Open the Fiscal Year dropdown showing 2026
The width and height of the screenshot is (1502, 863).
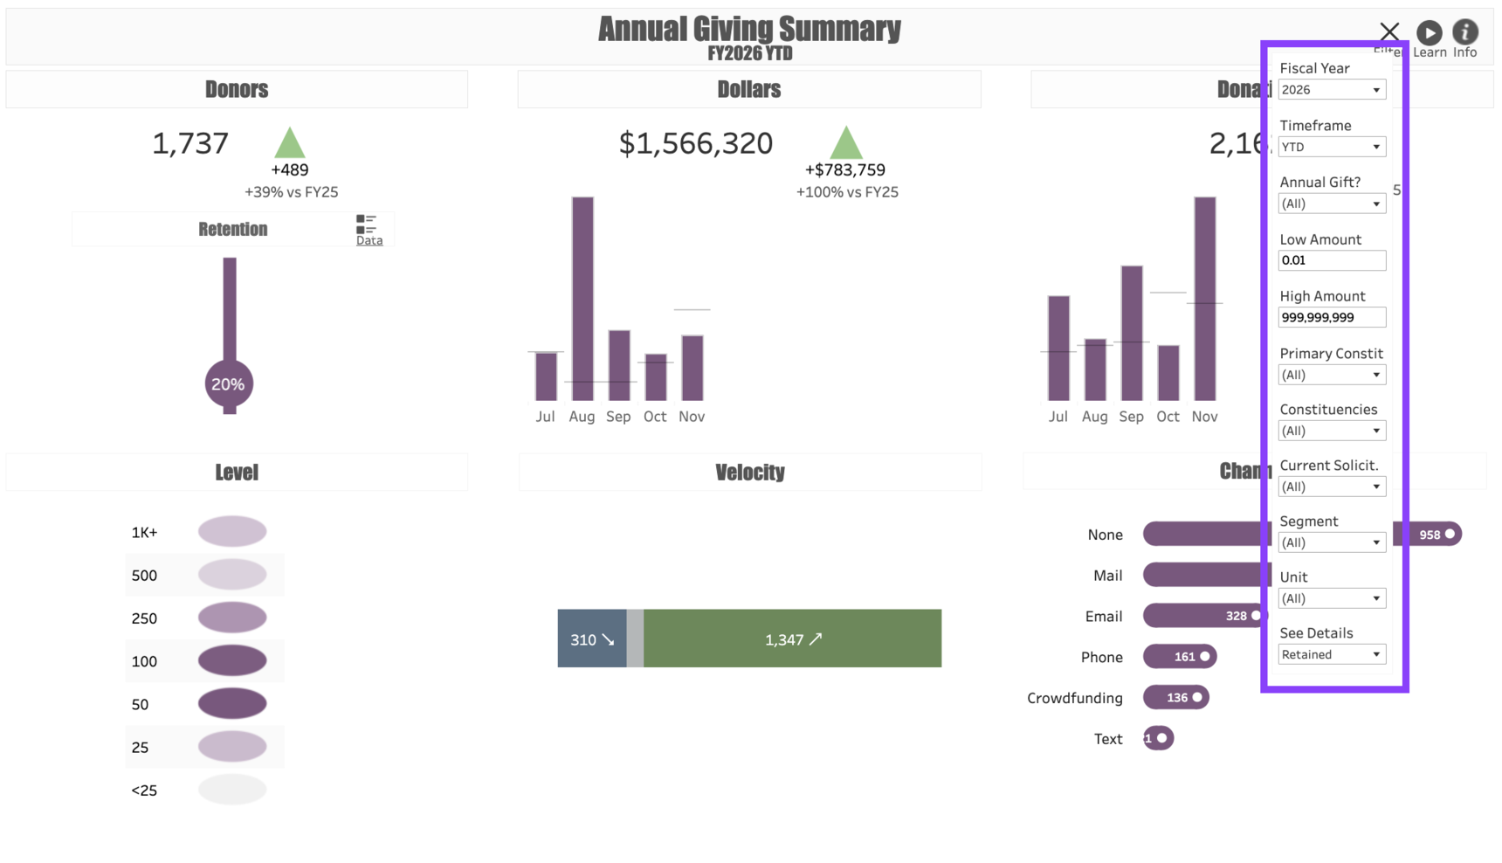[x=1332, y=90]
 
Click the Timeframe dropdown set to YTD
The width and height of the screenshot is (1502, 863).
[x=1332, y=147]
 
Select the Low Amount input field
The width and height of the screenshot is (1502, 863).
[x=1332, y=260]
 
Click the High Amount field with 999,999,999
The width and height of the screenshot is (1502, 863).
[x=1332, y=317]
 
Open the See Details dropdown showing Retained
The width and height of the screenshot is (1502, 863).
[x=1332, y=654]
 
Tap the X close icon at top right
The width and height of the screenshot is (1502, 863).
[x=1389, y=32]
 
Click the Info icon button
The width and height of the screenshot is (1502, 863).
[x=1464, y=33]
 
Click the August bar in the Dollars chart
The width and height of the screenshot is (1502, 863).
[x=582, y=298]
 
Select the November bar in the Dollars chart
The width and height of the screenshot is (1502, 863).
[x=692, y=368]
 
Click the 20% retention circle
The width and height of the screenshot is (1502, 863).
[x=229, y=383]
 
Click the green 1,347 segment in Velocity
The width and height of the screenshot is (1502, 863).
[x=792, y=639]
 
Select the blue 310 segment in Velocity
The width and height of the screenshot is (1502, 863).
[x=592, y=639]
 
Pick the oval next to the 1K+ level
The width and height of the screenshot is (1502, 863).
[x=232, y=531]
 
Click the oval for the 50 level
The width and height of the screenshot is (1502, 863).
[x=232, y=703]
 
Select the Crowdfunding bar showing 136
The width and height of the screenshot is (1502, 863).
[x=1175, y=697]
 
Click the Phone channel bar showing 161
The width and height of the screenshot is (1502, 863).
[x=1179, y=656]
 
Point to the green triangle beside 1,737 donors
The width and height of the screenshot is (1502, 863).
[x=289, y=143]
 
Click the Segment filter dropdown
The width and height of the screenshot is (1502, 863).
[x=1332, y=542]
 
